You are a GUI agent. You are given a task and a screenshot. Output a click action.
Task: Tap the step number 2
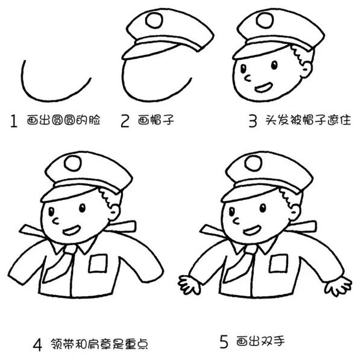point(125,121)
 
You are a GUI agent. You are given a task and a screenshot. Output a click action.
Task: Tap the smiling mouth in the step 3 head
point(263,87)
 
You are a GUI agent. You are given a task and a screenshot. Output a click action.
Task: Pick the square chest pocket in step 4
point(98,263)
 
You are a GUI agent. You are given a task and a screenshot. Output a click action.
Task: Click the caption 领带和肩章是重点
point(96,344)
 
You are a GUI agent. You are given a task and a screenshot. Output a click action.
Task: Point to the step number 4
point(37,345)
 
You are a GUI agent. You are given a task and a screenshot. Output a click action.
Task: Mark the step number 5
point(224,343)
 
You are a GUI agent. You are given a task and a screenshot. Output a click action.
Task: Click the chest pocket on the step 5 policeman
point(278,263)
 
